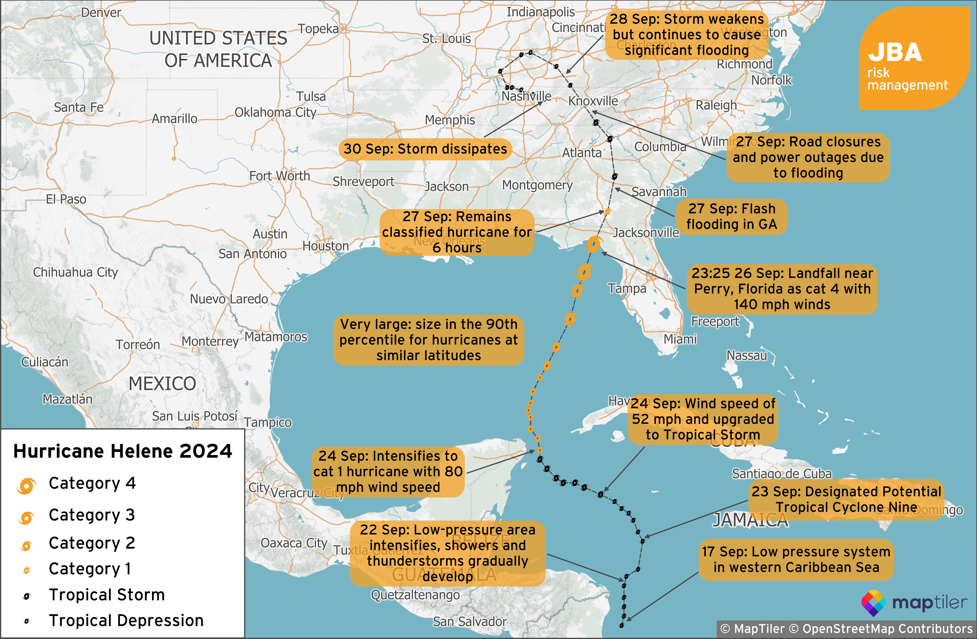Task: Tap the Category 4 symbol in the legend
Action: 26,486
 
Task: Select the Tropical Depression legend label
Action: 126,620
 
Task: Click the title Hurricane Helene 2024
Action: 122,451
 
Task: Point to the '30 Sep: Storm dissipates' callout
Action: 425,149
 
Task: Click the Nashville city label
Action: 526,96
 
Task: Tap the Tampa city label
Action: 627,289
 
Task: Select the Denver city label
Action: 101,12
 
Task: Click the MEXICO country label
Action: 162,384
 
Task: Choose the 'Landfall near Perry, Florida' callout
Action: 782,289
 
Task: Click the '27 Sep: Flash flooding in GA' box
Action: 731,216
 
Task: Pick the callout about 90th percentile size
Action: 429,340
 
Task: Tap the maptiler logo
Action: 914,603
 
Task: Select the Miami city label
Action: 680,339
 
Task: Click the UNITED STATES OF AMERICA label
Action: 218,49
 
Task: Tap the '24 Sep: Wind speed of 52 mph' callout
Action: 702,419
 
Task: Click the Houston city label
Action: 326,246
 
